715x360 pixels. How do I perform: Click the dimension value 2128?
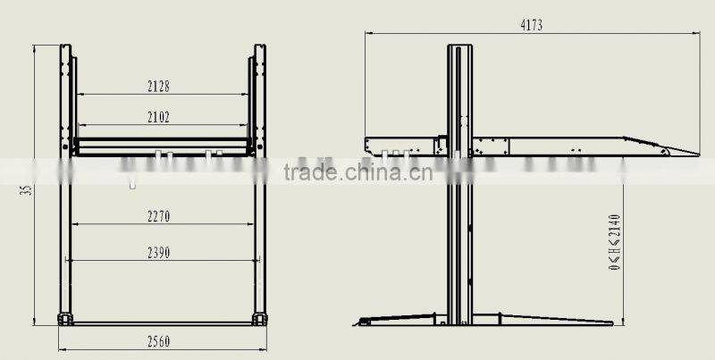[x=159, y=87]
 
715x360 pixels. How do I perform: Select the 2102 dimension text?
[x=159, y=116]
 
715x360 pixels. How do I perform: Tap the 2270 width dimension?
[x=159, y=215]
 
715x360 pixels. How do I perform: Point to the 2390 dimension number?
[x=159, y=253]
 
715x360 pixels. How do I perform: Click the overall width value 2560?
[x=159, y=341]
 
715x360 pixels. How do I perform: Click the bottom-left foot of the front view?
[x=64, y=318]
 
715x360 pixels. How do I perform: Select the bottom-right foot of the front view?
[x=259, y=318]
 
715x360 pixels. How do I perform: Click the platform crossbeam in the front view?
[x=162, y=143]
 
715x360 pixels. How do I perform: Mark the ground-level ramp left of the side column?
[x=393, y=319]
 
